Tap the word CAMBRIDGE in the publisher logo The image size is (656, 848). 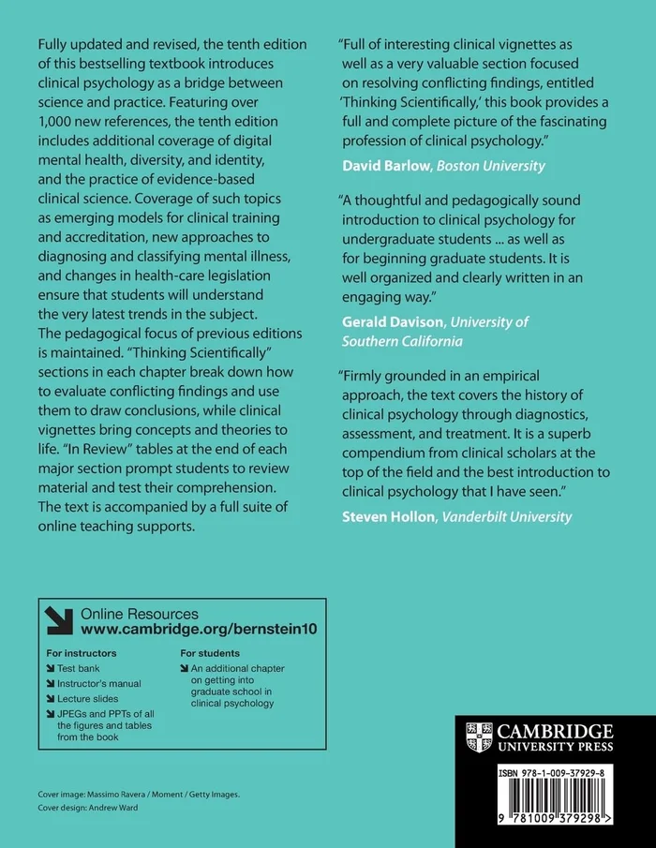click(554, 730)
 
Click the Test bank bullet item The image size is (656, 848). click(78, 668)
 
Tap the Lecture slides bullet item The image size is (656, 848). click(87, 698)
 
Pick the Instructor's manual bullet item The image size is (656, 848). click(98, 683)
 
